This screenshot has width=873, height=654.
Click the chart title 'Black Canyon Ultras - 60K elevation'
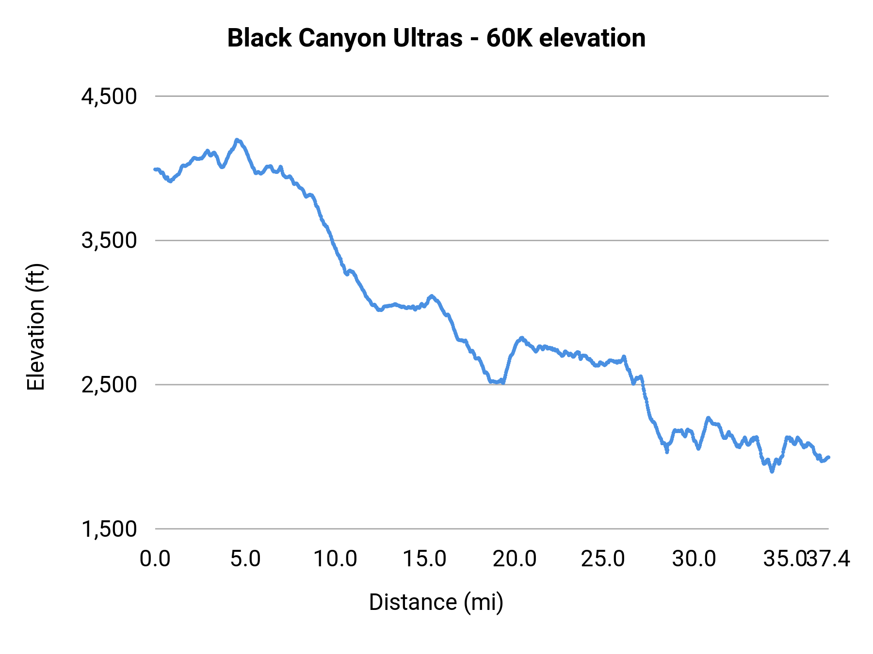(436, 38)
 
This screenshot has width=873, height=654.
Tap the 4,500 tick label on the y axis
(109, 96)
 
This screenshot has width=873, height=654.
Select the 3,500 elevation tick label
(109, 240)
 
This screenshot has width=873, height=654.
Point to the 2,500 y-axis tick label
(109, 385)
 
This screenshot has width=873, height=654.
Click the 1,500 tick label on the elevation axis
(109, 529)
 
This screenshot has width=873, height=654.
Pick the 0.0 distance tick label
(155, 559)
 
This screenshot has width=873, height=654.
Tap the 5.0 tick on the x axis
(245, 559)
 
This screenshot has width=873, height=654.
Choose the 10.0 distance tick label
(335, 559)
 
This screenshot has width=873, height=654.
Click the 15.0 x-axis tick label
(425, 559)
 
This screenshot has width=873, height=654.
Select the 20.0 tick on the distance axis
(515, 559)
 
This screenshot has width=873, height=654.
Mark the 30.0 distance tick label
(694, 559)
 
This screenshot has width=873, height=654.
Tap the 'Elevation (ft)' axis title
(36, 327)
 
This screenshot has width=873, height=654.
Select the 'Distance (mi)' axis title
(436, 602)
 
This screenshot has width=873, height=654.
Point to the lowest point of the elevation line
(772, 471)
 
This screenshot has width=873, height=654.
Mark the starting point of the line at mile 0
(155, 169)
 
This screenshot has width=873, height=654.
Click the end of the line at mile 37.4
(828, 457)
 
